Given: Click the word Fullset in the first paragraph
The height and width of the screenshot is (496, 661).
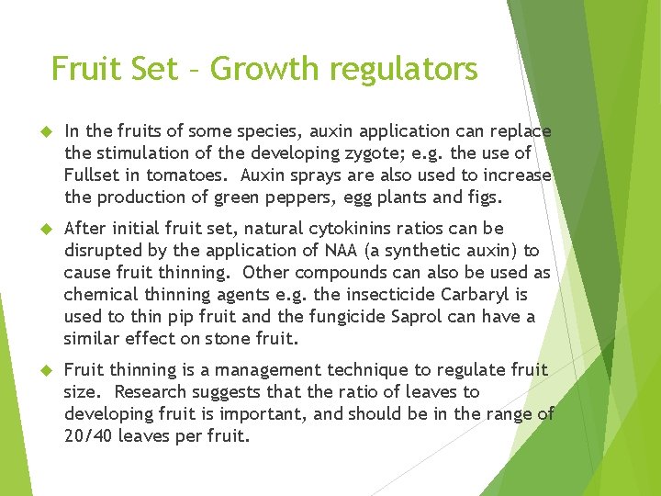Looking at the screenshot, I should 92,175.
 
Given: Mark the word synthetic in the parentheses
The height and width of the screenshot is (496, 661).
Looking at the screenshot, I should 431,250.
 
